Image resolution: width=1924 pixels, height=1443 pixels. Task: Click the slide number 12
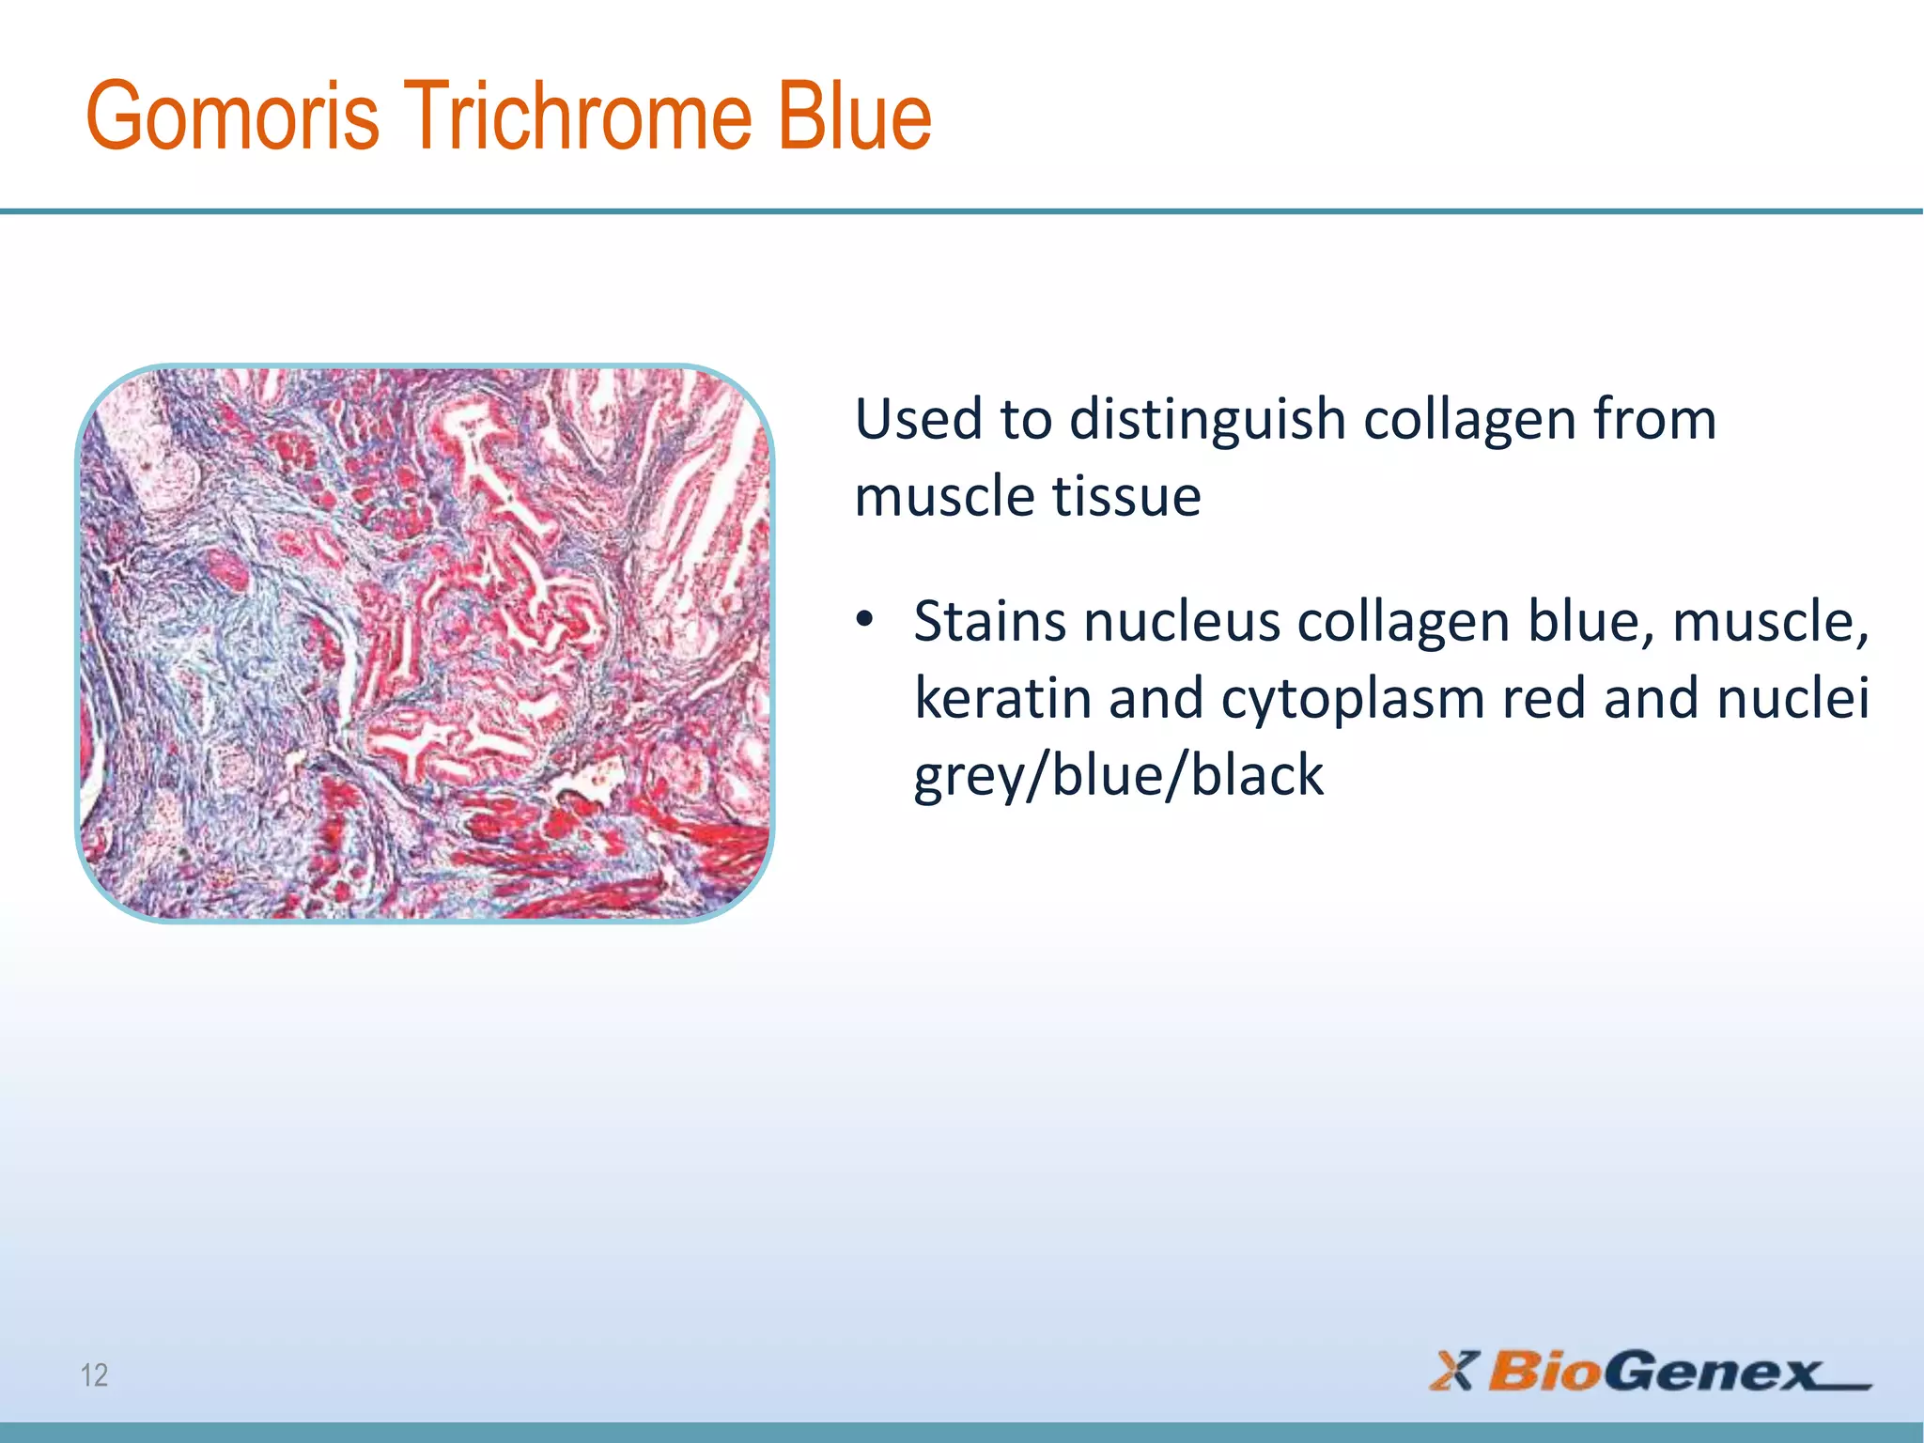point(94,1375)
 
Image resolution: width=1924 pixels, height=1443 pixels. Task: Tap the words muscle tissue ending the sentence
point(1028,496)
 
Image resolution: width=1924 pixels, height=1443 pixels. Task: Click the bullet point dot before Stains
point(864,621)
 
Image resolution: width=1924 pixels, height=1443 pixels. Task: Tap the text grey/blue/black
point(1118,776)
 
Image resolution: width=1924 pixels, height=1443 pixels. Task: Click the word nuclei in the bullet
point(1812,699)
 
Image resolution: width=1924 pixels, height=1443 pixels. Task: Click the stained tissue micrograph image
point(425,644)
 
